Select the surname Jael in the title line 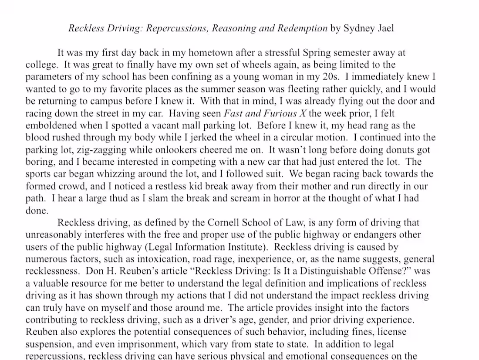point(385,29)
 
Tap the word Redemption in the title point(304,29)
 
